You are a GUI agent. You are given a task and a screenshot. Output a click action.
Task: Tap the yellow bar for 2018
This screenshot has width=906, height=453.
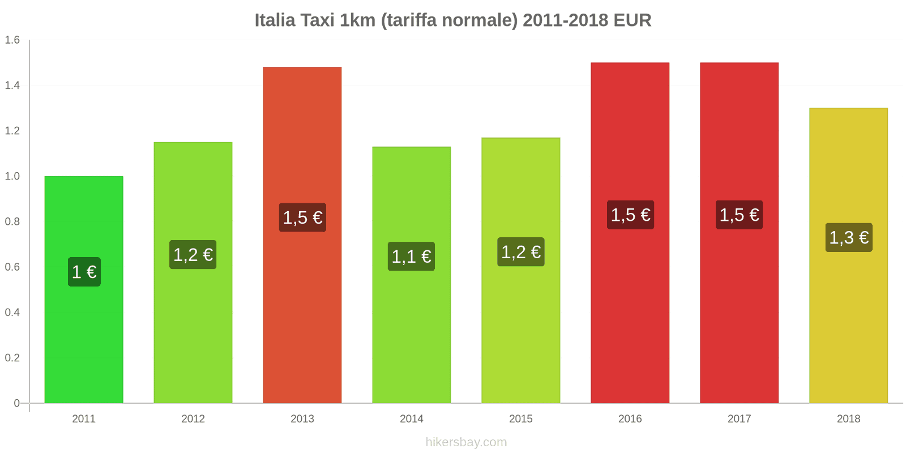tap(848, 328)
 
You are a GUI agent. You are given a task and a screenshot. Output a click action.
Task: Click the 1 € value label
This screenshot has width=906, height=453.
tap(84, 272)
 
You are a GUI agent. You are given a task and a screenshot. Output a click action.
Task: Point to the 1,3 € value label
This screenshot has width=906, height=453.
tap(848, 237)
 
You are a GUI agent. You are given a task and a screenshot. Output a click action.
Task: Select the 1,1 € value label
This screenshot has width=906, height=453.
tap(411, 257)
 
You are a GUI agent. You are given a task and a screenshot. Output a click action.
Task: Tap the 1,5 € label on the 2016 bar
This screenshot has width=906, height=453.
tap(630, 215)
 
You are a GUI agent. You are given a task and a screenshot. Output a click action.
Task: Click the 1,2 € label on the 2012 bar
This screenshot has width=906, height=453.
tap(193, 254)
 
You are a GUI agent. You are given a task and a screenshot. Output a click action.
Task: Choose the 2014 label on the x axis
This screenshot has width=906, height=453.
tap(411, 419)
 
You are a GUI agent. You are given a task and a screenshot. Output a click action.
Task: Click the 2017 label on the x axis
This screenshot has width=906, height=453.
tap(739, 419)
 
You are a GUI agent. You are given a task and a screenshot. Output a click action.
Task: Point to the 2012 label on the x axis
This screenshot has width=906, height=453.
tap(193, 419)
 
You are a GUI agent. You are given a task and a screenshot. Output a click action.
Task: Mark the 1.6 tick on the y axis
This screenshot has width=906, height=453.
tap(12, 40)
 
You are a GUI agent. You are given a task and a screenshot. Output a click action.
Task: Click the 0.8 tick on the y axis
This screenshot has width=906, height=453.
tap(12, 221)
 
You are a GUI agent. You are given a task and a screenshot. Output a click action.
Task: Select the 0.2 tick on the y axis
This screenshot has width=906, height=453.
tap(12, 358)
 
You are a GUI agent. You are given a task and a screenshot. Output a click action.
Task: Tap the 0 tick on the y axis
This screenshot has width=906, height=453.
tap(16, 403)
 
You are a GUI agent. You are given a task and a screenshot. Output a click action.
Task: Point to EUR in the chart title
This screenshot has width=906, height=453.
tap(632, 20)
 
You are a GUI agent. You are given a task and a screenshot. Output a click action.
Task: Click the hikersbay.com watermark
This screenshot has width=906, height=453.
tap(466, 442)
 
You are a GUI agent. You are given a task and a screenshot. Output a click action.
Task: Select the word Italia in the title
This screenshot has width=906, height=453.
tap(275, 20)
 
